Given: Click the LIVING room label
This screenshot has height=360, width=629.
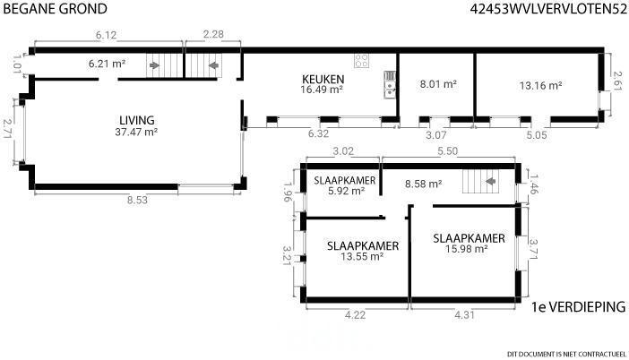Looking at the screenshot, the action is pos(137,120).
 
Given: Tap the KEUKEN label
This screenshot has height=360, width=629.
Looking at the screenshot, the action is pos(323,79).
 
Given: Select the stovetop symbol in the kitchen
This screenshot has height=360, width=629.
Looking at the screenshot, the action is pos(361,61).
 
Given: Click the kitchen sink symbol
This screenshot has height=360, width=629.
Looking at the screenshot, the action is pos(390,84).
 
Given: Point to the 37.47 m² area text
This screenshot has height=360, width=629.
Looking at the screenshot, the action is pos(136,132).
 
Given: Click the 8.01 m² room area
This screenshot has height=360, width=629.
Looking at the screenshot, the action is pos(438,84).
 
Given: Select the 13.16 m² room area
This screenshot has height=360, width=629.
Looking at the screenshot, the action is pos(540,85).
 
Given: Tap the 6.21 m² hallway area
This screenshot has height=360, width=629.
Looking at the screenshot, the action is pos(108,64).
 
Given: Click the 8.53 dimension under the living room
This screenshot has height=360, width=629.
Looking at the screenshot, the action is pos(137,200).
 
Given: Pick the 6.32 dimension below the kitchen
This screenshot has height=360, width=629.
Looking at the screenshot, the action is pos(318,133).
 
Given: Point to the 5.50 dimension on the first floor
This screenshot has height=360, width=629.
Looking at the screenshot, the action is pos(447,151).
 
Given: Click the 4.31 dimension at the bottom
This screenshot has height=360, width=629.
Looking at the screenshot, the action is pos(464,315).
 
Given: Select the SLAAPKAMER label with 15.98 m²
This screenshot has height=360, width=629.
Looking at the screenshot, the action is pos(469,238).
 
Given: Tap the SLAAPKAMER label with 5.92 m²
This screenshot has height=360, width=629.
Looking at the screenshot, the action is pos(345,180).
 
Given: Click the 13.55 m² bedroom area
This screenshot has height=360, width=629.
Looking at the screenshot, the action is pos(362,257).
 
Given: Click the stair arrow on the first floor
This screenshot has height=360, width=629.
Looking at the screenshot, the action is pos(490,181).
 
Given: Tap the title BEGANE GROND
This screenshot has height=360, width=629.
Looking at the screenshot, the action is pos(55,9).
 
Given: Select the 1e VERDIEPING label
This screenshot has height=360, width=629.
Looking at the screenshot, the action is pos(578,307).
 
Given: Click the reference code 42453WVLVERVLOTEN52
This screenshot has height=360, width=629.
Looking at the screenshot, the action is pos(548,9).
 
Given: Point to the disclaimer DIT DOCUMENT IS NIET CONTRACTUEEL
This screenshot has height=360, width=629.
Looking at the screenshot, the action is pos(566,354).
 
